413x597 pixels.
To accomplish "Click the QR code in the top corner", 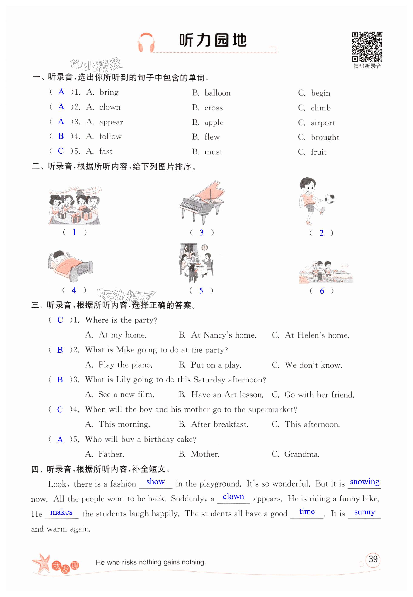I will click(367, 47).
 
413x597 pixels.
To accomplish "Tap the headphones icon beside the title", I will click(146, 42).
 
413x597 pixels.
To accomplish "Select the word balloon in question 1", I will click(217, 93).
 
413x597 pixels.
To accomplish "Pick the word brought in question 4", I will click(325, 137).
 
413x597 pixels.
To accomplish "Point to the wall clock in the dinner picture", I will click(205, 247).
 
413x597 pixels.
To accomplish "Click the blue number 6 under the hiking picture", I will click(322, 291).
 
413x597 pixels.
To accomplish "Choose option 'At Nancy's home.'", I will click(223, 335).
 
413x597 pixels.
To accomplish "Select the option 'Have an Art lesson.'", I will click(227, 395).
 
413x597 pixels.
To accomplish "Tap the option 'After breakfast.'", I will click(219, 424).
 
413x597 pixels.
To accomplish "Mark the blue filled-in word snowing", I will click(364, 482).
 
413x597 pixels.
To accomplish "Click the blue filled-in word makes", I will click(61, 512).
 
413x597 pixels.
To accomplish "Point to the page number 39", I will click(373, 559).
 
